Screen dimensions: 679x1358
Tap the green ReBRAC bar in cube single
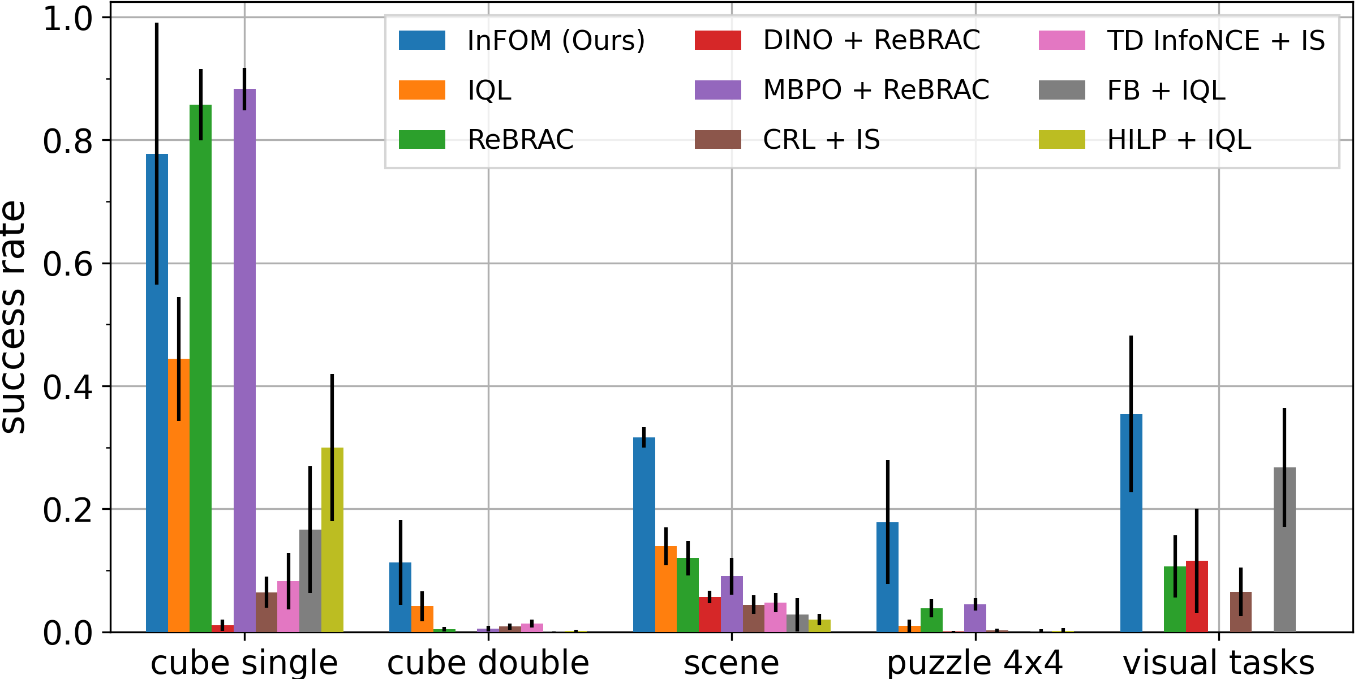click(201, 368)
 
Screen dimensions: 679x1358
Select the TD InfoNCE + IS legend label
click(1215, 40)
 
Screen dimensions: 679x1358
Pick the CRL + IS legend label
click(821, 140)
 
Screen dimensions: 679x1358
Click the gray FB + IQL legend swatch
click(1062, 90)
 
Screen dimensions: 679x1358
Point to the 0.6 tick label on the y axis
click(67, 264)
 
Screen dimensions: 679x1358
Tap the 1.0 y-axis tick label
click(67, 18)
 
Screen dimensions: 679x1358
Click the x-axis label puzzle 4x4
click(975, 663)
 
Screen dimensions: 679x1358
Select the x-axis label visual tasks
click(1218, 663)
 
